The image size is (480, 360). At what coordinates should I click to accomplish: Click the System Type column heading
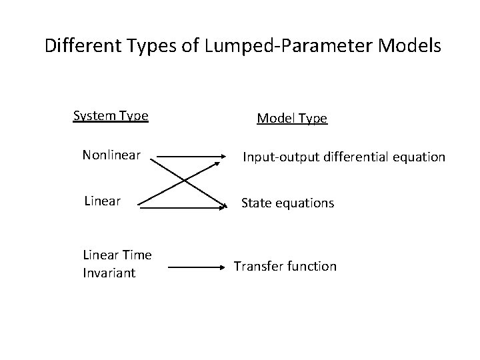(x=111, y=116)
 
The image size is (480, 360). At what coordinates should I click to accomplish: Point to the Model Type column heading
(x=292, y=119)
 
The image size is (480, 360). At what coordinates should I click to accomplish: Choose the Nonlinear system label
(x=111, y=155)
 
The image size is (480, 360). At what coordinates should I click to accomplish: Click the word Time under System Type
(x=137, y=255)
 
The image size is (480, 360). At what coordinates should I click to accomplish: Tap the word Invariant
(x=109, y=272)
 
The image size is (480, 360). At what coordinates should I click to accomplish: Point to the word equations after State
(x=303, y=203)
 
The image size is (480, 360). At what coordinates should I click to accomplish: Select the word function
(x=312, y=266)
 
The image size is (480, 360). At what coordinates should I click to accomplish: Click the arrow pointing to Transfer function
(x=197, y=267)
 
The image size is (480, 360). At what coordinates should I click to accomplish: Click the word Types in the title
(x=151, y=46)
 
